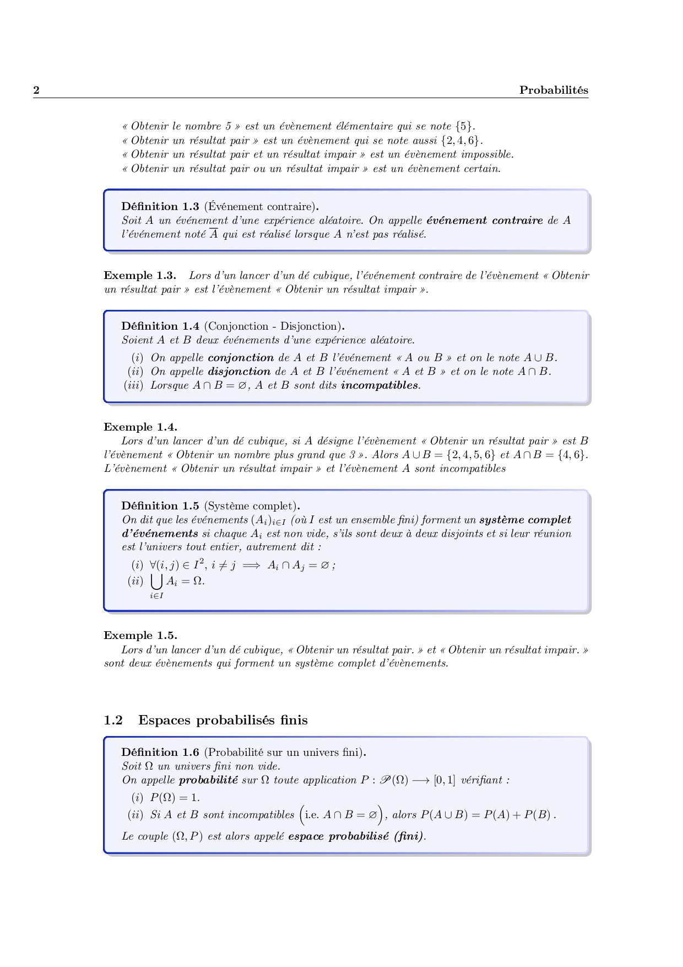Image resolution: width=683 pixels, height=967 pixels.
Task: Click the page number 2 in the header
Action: [36, 90]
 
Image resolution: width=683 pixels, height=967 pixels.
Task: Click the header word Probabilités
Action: [554, 90]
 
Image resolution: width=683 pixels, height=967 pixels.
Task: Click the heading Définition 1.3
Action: [160, 207]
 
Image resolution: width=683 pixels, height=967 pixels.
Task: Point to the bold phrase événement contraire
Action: [485, 221]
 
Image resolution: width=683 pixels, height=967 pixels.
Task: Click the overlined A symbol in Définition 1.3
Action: [214, 234]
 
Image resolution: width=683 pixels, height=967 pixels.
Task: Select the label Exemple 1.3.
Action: [140, 276]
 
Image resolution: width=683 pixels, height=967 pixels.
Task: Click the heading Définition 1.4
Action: [160, 326]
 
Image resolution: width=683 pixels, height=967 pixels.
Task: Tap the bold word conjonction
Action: [241, 358]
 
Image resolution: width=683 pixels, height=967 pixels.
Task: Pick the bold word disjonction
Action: [239, 372]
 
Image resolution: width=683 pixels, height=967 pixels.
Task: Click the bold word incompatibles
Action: [380, 385]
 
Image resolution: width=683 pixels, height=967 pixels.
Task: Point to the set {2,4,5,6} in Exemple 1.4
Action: [470, 455]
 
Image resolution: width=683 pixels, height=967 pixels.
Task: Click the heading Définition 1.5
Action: [160, 506]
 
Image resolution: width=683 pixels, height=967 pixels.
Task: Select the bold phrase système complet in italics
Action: [525, 520]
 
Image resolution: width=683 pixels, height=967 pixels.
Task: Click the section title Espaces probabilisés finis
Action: [223, 720]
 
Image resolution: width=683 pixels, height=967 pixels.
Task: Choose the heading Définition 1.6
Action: [160, 753]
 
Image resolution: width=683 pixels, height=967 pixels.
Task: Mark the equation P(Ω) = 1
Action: [175, 798]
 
